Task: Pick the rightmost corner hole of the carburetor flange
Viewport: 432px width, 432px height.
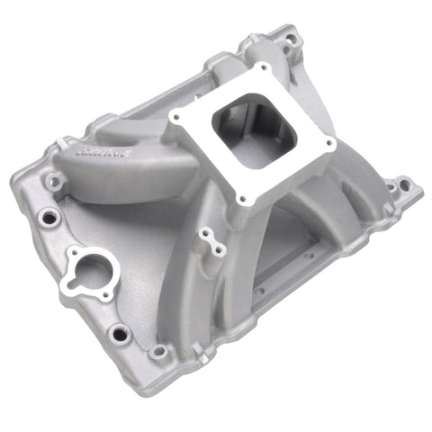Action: pos(329,142)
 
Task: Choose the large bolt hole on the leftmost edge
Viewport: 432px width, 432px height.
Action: pos(47,216)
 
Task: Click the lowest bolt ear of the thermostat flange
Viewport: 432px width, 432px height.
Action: pos(106,295)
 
